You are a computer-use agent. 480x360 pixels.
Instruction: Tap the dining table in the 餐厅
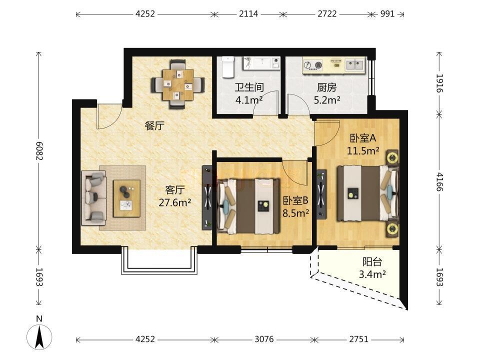pos(178,85)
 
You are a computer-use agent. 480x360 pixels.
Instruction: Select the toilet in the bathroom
pos(228,66)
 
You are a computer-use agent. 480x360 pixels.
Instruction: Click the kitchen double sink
pos(355,65)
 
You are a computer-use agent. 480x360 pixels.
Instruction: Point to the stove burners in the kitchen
pos(313,65)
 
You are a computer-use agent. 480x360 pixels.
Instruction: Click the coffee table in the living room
pos(126,198)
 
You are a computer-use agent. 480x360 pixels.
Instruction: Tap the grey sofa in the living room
pos(93,198)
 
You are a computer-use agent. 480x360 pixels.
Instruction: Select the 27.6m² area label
pos(175,202)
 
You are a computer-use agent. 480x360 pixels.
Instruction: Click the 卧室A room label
pos(363,138)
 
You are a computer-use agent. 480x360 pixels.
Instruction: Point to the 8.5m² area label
pos(295,213)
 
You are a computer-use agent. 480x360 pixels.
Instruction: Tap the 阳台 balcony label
pos(372,262)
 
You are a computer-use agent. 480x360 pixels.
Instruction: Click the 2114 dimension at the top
pos(248,14)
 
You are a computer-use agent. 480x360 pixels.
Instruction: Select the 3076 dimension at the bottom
pos(264,339)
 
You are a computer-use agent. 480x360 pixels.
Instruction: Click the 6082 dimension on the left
pos(39,151)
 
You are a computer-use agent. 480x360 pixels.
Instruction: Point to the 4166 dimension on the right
pos(439,182)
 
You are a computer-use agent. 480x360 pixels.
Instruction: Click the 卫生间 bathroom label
pos(249,87)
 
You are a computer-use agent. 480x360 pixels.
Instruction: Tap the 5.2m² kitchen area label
pos(327,100)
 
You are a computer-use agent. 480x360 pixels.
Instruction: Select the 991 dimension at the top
pos(387,14)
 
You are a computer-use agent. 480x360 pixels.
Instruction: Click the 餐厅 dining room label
pos(154,125)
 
